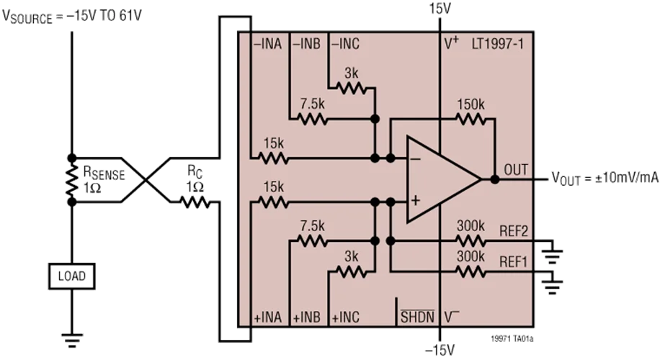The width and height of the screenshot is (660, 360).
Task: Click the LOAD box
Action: (x=71, y=276)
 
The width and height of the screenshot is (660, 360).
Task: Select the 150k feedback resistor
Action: (x=472, y=119)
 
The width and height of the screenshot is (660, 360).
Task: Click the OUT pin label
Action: (x=516, y=170)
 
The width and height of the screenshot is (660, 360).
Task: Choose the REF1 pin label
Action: (x=514, y=263)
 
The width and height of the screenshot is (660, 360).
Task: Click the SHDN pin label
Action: (x=417, y=316)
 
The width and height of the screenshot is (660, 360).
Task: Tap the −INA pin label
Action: (x=267, y=43)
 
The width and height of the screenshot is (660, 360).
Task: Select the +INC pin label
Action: (x=346, y=316)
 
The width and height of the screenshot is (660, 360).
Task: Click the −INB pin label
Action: (x=306, y=43)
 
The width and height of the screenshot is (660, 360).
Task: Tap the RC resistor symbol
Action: (x=195, y=203)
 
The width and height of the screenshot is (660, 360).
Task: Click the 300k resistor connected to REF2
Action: (x=472, y=240)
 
